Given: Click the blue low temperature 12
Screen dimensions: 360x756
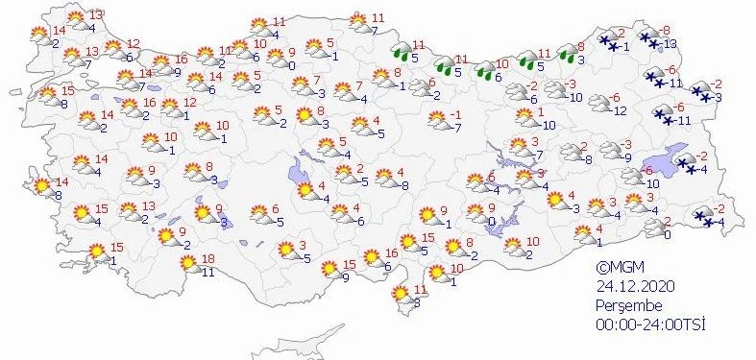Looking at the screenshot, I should [x=620, y=111].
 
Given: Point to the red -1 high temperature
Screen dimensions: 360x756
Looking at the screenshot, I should [x=457, y=115].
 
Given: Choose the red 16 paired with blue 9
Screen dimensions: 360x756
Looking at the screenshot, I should [x=180, y=59].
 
